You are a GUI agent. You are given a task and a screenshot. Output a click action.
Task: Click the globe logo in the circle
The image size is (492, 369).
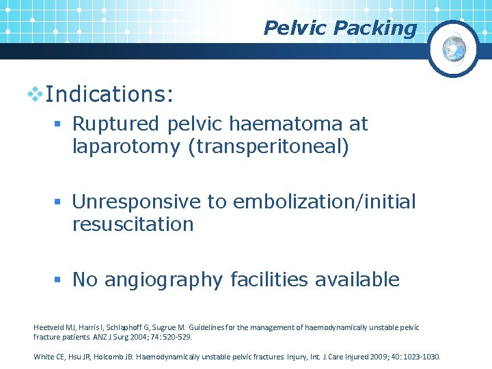454,48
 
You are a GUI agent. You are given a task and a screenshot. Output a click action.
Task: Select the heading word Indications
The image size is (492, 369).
109,94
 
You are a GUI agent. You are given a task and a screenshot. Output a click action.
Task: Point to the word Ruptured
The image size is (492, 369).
115,124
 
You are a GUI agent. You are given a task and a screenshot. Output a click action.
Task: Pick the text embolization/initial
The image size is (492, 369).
324,202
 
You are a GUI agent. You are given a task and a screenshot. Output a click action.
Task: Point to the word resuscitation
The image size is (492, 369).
133,224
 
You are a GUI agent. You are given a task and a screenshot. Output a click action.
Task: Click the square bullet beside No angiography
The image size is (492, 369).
61,279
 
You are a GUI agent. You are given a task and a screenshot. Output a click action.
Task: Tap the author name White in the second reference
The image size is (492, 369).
44,357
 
